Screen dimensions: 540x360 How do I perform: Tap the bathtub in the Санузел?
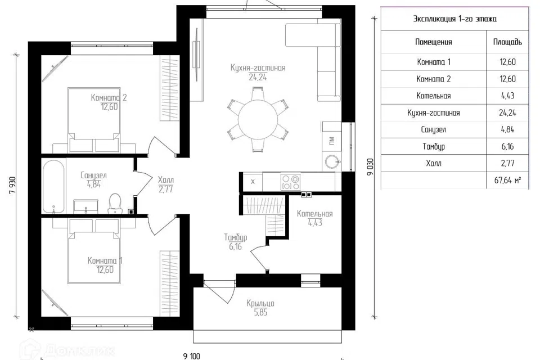point(54,186)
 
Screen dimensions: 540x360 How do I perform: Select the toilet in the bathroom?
point(115,204)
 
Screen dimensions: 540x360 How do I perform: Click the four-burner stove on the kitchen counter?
point(290,182)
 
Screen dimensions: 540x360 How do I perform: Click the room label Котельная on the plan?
point(315,214)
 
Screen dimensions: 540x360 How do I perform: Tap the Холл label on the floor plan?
point(166,180)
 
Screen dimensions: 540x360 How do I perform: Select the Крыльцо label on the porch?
point(260,304)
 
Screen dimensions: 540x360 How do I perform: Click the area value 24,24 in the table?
point(507,112)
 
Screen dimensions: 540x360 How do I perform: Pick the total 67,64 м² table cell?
point(507,180)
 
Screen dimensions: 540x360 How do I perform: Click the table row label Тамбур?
point(434,147)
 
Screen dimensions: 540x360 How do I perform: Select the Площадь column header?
point(507,42)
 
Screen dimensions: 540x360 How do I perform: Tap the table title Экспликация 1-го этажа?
point(455,19)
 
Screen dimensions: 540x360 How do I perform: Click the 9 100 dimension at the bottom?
point(192,356)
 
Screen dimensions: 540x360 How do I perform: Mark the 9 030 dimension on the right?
point(370,166)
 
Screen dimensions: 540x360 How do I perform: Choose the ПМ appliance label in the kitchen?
point(331,141)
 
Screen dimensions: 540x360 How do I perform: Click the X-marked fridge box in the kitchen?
point(253,182)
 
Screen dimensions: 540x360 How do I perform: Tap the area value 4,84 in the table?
point(507,129)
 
